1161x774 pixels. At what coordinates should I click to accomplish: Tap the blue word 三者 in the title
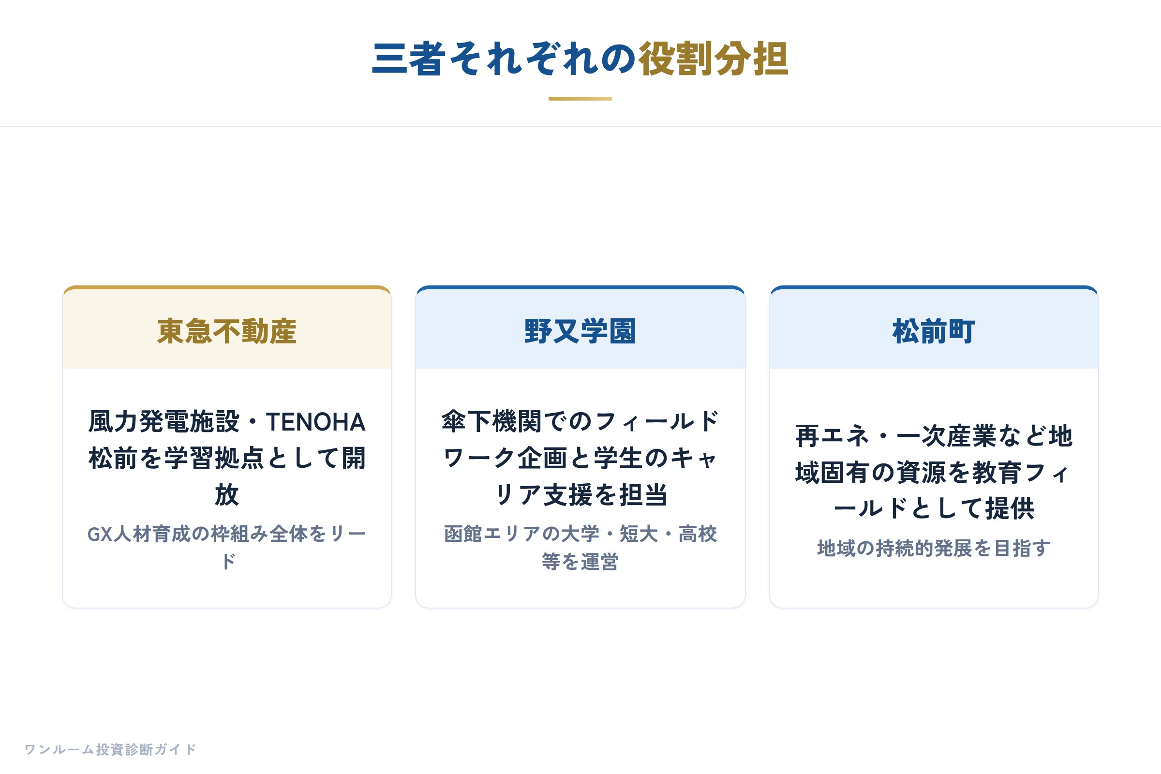click(409, 59)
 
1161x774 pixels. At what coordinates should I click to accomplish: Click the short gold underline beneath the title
click(580, 99)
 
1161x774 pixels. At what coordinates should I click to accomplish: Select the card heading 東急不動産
click(227, 331)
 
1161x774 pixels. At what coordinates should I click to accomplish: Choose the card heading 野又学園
click(580, 331)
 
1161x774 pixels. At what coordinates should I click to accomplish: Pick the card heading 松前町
click(934, 331)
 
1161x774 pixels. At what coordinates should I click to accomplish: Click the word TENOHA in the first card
click(316, 422)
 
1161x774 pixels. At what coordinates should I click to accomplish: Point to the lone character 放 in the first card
click(227, 494)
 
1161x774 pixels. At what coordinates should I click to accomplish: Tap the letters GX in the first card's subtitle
click(100, 534)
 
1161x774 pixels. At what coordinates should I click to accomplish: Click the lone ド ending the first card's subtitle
click(227, 562)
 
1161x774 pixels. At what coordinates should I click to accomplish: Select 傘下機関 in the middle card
click(491, 422)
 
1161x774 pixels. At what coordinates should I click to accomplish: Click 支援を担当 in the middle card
click(606, 494)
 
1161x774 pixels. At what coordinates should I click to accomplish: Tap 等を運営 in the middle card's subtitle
click(580, 562)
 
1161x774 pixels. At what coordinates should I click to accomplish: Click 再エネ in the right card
click(832, 436)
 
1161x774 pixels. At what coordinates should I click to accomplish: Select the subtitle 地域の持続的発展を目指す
click(934, 549)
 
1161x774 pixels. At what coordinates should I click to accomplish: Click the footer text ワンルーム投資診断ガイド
click(111, 749)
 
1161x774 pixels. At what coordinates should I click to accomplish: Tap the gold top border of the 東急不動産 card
click(227, 287)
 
